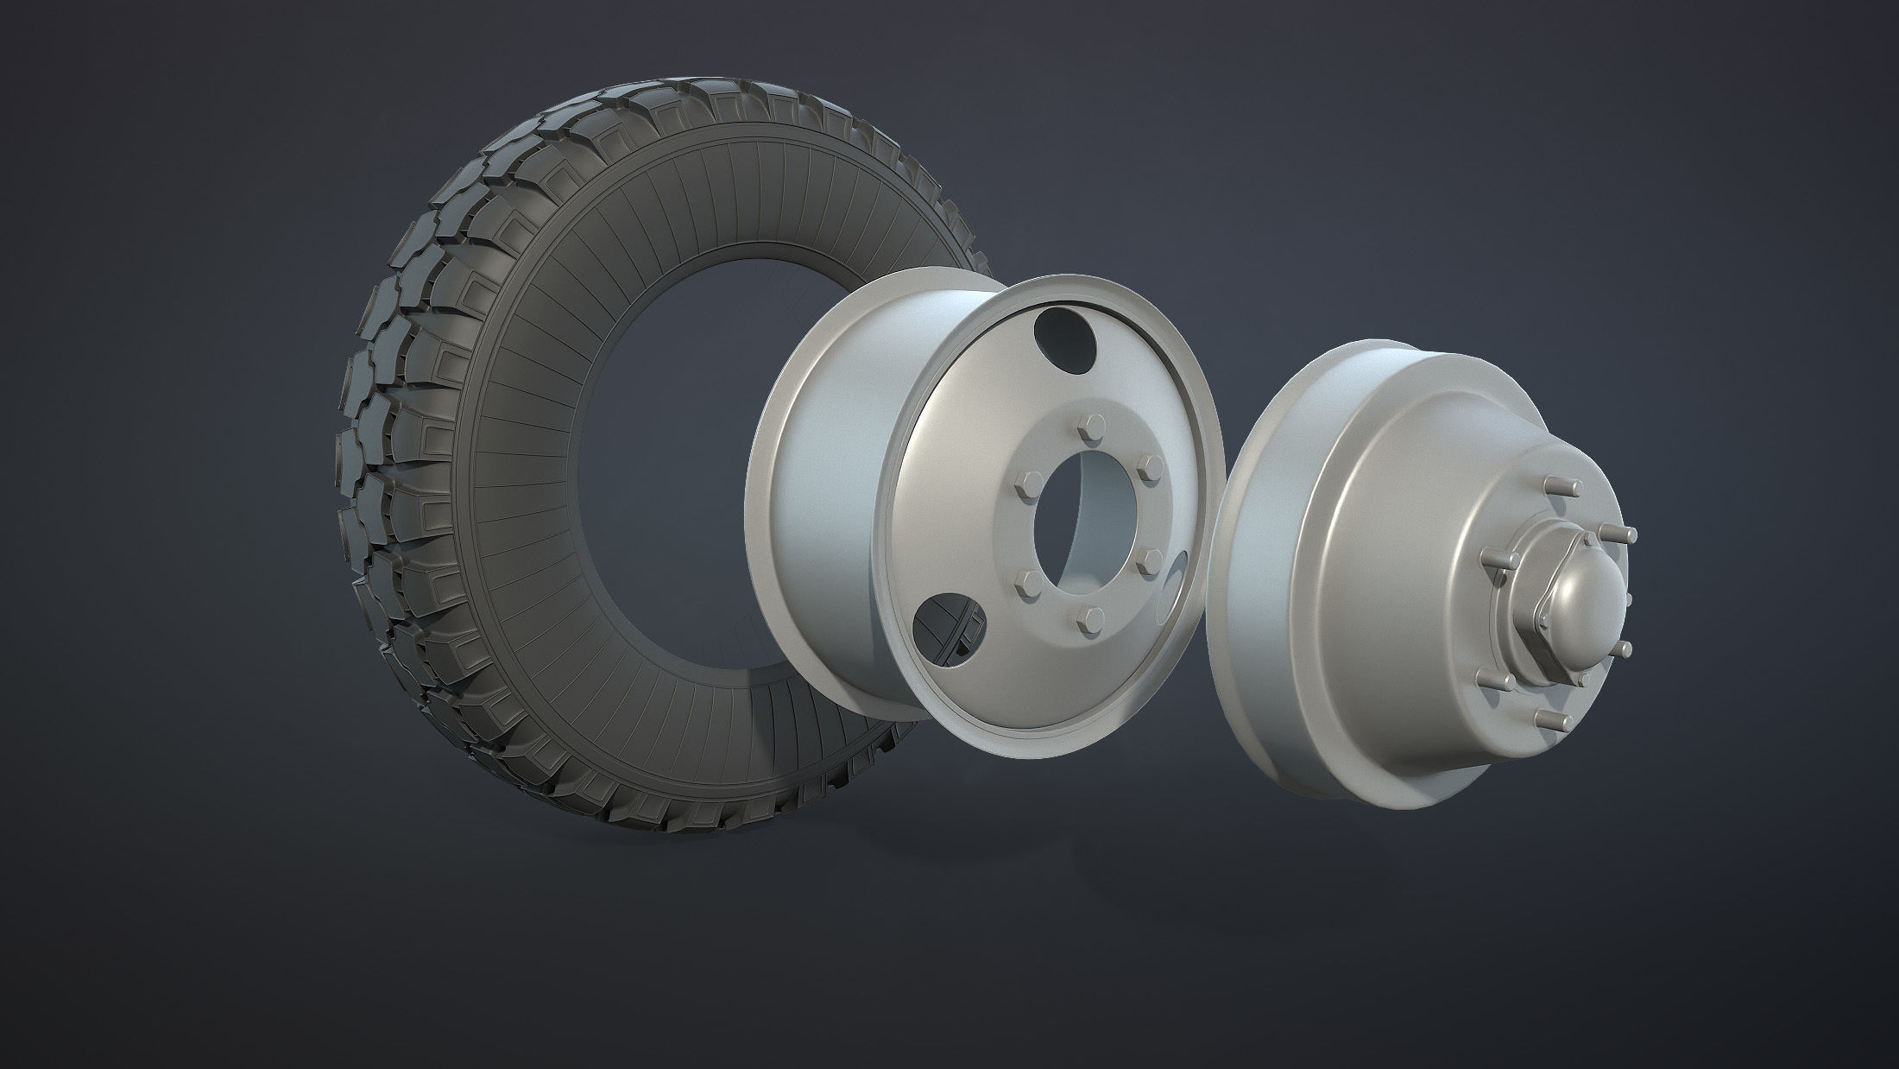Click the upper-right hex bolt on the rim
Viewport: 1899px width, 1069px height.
point(1148,467)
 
